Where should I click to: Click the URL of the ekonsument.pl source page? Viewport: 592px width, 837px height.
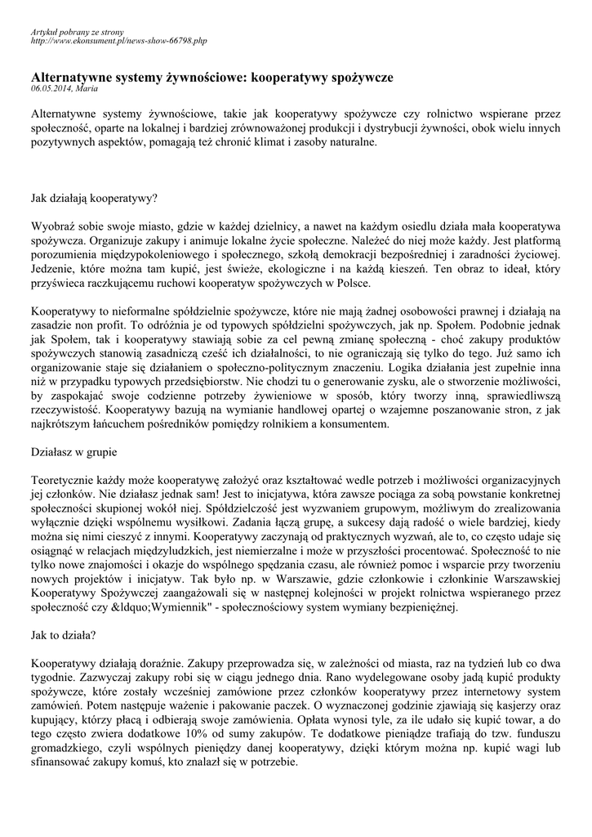click(119, 40)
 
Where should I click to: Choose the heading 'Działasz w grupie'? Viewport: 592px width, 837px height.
click(72, 450)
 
